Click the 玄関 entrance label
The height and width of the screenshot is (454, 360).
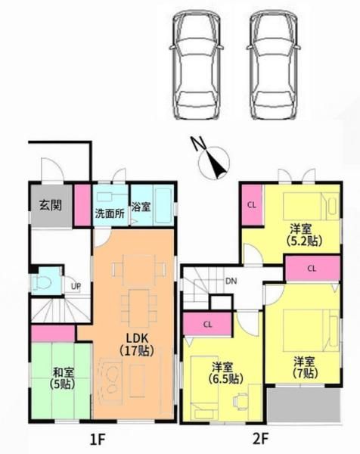click(x=51, y=205)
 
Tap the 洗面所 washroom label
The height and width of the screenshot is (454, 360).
click(x=110, y=213)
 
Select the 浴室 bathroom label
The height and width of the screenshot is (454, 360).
click(x=141, y=207)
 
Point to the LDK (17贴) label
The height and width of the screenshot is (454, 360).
click(x=137, y=344)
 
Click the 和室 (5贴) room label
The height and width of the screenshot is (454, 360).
click(x=63, y=378)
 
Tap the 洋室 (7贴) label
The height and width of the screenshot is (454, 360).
click(x=304, y=368)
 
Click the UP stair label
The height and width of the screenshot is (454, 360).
click(x=76, y=287)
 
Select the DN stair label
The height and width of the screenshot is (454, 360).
click(x=231, y=281)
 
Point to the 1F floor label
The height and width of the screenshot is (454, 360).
click(x=97, y=440)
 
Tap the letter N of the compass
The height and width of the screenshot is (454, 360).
click(x=198, y=144)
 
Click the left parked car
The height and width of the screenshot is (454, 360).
click(x=196, y=64)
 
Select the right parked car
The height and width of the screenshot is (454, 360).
click(x=273, y=64)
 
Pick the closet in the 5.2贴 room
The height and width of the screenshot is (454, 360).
click(x=252, y=205)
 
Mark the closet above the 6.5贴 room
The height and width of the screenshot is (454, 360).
click(x=207, y=324)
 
